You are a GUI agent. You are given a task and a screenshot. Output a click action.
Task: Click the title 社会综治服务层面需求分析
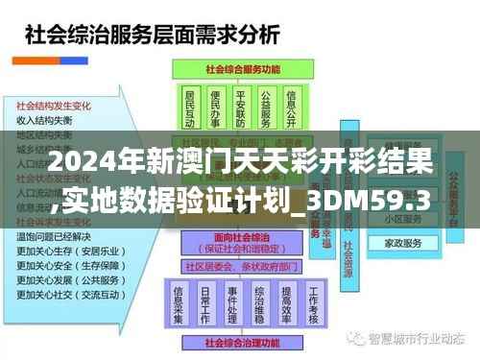[x=153, y=36]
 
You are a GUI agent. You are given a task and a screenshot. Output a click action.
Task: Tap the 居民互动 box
[x=190, y=109]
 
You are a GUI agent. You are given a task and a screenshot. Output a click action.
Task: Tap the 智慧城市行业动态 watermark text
[x=422, y=339]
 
